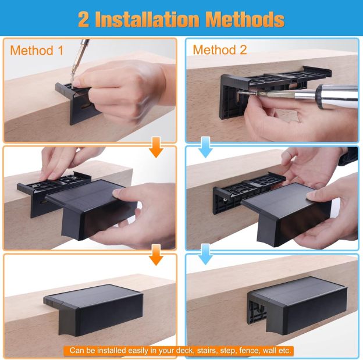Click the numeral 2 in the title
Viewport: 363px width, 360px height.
coord(84,19)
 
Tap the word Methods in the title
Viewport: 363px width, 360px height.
coord(245,19)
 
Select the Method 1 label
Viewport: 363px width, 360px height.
coord(37,51)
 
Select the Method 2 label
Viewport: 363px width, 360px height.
coord(220,50)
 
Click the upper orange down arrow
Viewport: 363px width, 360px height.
coord(156,147)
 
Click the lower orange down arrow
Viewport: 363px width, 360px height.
coord(156,255)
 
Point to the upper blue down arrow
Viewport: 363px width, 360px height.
coord(206,147)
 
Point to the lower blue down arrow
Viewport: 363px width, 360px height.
coord(206,254)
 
